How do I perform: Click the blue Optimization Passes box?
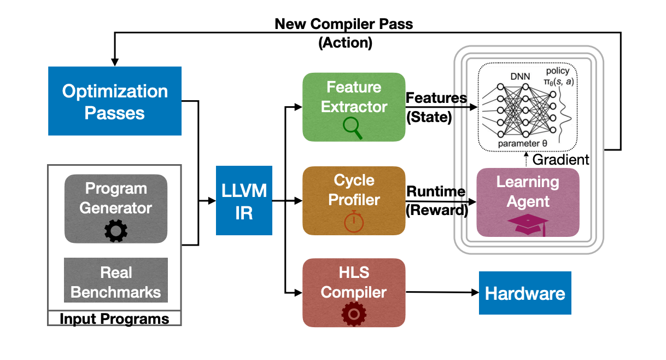click(115, 101)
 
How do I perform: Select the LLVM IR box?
click(244, 201)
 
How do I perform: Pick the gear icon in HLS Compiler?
click(353, 314)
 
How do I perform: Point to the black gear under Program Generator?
click(115, 230)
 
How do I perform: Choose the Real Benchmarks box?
click(115, 281)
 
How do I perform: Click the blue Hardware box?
click(525, 293)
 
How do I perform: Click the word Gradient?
click(560, 160)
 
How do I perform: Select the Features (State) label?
click(436, 107)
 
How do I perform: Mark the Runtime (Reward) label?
click(436, 201)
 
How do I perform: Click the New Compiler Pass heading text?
click(344, 25)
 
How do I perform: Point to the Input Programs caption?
click(114, 318)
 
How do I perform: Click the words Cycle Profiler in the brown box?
click(354, 190)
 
